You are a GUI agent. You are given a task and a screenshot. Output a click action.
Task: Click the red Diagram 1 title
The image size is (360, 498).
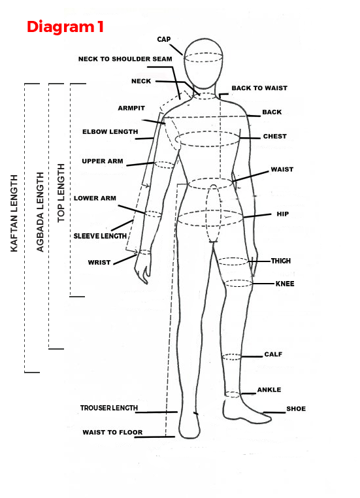pos(65,27)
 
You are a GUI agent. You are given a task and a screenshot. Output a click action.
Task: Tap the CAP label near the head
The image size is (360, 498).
pos(164,39)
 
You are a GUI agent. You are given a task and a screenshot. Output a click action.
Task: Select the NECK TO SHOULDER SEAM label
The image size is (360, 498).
pos(125,59)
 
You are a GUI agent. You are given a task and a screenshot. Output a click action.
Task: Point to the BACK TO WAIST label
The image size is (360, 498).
pos(259,88)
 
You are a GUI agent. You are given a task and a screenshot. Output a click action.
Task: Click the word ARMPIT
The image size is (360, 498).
pos(131,108)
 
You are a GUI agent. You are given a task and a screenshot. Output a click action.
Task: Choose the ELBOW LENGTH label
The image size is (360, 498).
pos(110,131)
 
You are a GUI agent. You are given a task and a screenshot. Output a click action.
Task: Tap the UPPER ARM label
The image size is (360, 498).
pos(103,161)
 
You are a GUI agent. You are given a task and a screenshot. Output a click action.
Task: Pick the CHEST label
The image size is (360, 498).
pos(275,136)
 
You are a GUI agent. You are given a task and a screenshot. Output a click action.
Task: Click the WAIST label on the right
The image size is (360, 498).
pos(282,169)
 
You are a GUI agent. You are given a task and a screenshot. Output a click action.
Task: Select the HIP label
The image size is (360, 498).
pos(282,214)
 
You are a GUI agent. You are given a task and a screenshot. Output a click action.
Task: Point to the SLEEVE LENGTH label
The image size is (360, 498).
pos(100,236)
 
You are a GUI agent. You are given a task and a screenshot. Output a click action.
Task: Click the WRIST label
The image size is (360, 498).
pos(99,263)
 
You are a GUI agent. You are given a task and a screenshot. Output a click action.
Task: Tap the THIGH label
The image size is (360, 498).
pos(281,261)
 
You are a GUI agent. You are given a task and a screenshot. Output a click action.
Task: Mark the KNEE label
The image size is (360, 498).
pos(285,284)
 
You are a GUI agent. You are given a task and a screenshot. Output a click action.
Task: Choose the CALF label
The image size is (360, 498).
pos(273,354)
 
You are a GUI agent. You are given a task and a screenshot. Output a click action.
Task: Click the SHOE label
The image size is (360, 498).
pos(296,408)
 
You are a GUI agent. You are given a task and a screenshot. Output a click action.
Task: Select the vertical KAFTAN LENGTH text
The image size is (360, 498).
pos(14,214)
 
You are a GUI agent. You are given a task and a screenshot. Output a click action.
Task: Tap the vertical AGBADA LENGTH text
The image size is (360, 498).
pos(40,212)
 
